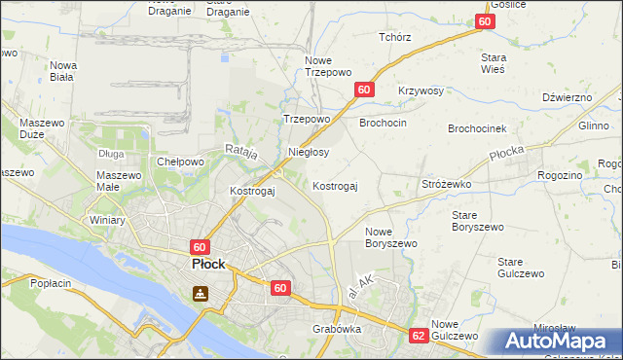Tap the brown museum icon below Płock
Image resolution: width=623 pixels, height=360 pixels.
[200, 293]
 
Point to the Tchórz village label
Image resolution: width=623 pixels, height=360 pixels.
[395, 37]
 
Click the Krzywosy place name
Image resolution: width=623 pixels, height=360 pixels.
[421, 91]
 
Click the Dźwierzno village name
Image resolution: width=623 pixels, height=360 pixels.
[568, 97]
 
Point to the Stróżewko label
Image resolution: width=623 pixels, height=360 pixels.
[447, 183]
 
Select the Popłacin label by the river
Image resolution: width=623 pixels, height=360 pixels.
[52, 283]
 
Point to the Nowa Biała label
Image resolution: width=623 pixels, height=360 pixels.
[63, 71]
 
